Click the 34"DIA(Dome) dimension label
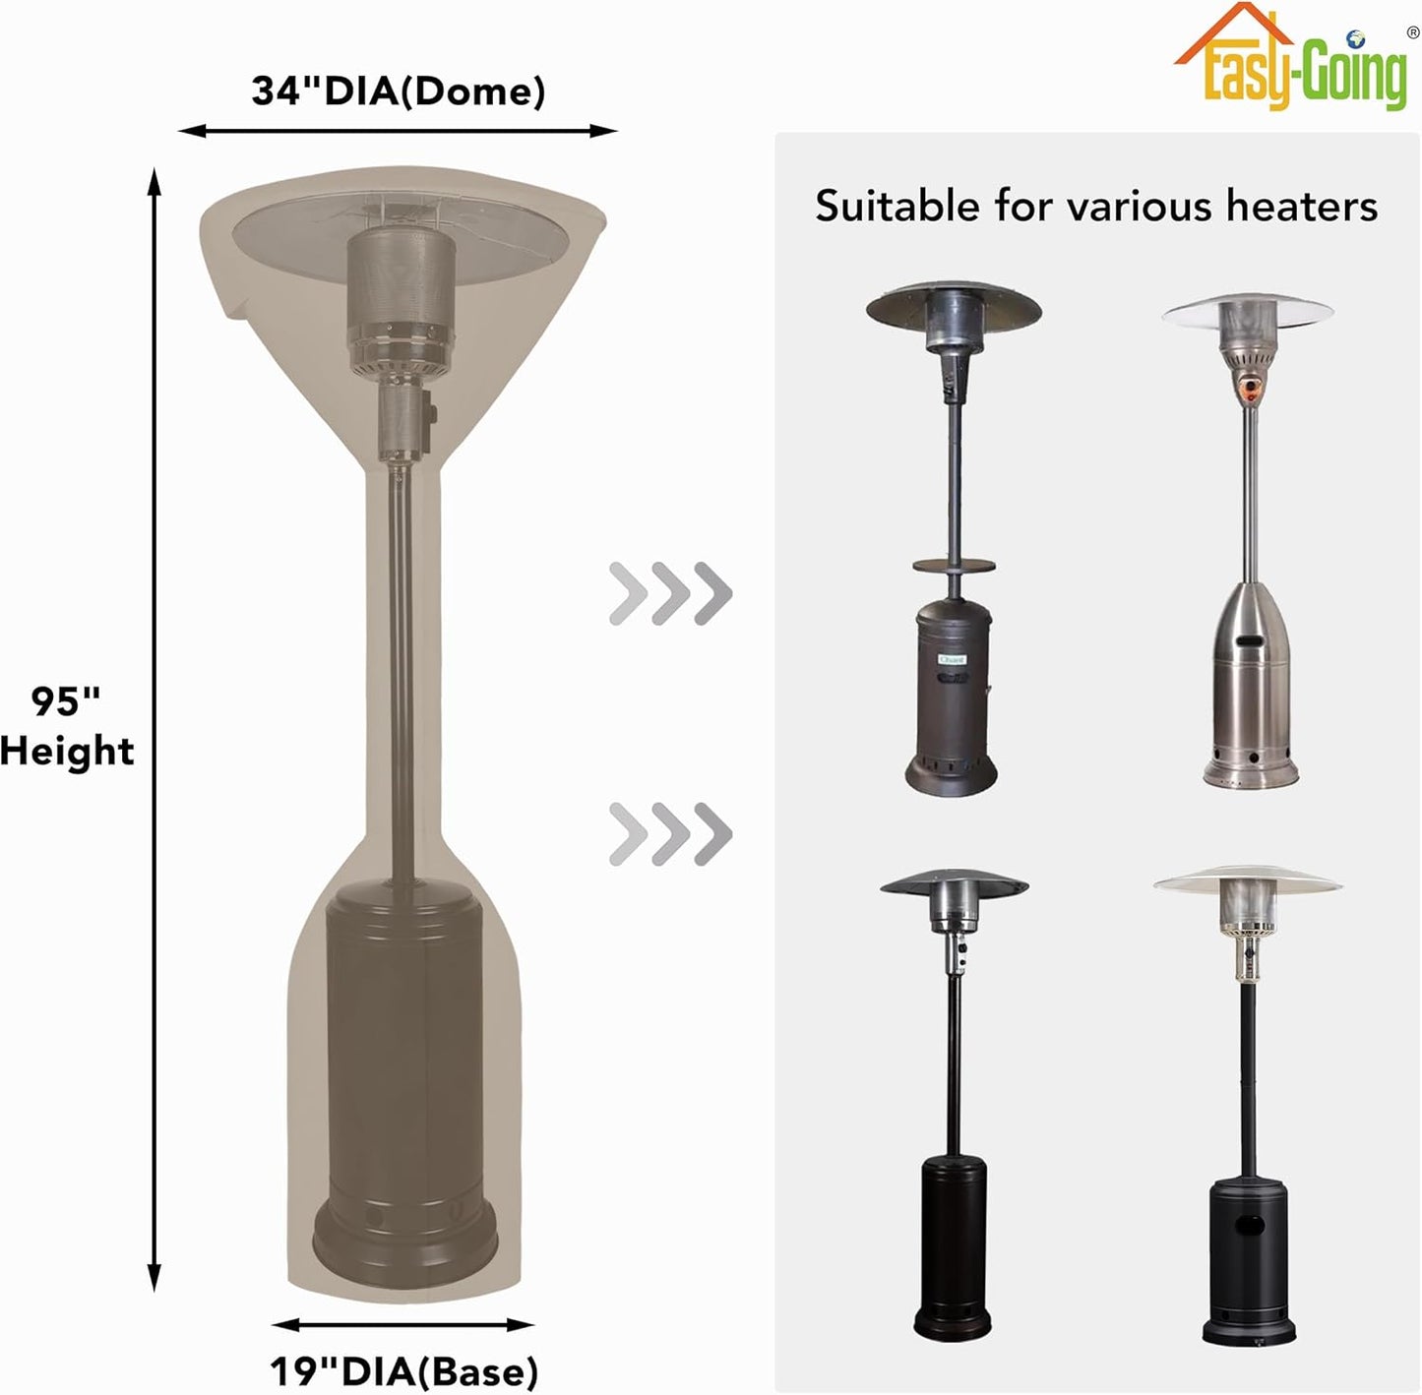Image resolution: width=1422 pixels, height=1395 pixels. (x=398, y=91)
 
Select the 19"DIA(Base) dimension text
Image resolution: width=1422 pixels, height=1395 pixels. (x=403, y=1370)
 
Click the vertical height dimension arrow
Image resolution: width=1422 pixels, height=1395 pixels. (x=154, y=728)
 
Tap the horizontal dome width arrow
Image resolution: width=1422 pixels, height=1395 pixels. (x=398, y=130)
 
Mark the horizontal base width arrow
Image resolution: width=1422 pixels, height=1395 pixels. (x=403, y=1325)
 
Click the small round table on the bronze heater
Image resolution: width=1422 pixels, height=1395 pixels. (x=952, y=566)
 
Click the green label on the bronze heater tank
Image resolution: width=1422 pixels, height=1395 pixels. (x=952, y=659)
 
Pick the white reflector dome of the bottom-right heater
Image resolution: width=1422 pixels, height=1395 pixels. (x=1247, y=879)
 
